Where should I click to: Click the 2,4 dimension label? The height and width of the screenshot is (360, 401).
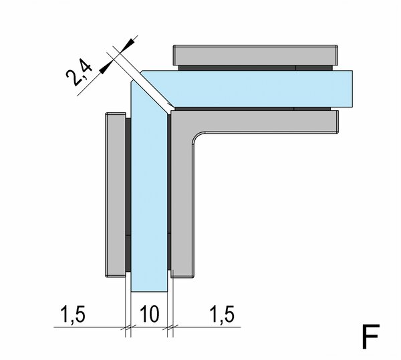(x=79, y=71)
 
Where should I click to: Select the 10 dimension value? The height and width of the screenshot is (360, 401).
(x=150, y=313)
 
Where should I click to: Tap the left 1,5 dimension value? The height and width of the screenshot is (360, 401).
(x=72, y=315)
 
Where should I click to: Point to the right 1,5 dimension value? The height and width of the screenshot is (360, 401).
(x=222, y=315)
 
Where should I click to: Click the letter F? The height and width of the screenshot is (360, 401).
(x=370, y=336)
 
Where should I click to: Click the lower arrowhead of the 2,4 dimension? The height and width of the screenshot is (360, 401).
(x=106, y=67)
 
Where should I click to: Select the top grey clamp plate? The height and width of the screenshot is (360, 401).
(x=256, y=55)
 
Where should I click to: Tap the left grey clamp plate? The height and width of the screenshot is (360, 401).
(x=116, y=195)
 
